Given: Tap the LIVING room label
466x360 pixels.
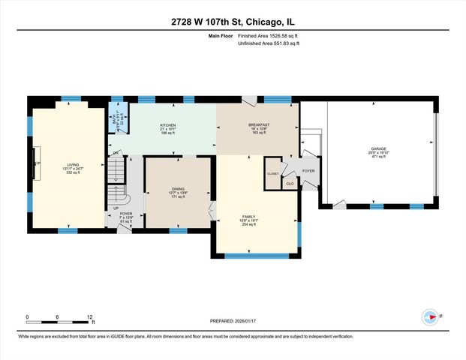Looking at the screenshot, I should tap(73, 164).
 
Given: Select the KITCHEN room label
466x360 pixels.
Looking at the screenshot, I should tap(168, 124).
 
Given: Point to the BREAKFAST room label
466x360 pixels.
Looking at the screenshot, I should tap(259, 124).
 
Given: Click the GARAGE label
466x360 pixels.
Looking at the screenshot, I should tap(378, 148).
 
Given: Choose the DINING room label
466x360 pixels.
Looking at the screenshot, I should tap(178, 188).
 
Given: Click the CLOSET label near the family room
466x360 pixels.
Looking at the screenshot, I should tap(272, 173).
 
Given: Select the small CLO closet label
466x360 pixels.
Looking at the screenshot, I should tap(290, 182).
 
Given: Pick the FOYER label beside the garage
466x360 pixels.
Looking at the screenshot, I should tap(309, 170).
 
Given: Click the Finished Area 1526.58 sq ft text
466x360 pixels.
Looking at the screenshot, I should tap(273, 35).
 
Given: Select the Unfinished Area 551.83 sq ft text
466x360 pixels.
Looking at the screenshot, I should tap(269, 44).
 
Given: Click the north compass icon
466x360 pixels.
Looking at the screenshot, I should tap(430, 316).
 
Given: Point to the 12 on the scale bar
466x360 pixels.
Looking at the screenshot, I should tap(90, 316).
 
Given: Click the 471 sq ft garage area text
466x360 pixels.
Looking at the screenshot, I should tap(378, 157).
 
